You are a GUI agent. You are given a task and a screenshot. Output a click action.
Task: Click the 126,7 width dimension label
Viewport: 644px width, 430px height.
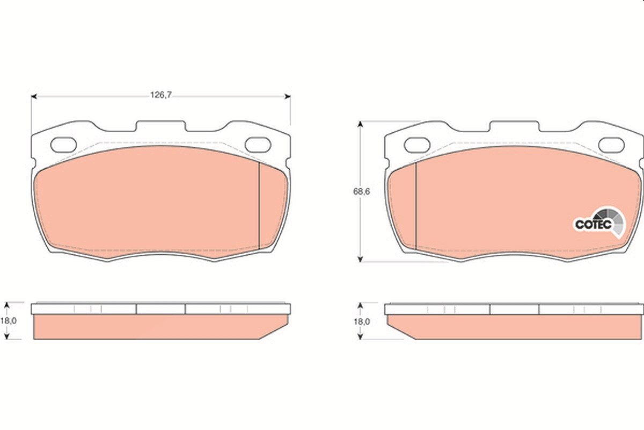coord(160,95)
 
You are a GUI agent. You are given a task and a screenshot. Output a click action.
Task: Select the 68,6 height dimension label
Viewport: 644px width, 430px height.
coord(361,191)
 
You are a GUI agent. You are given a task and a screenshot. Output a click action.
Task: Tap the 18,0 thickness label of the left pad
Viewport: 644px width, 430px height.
coord(9,320)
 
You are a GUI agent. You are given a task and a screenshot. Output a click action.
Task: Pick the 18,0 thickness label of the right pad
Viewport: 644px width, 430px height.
coord(362,321)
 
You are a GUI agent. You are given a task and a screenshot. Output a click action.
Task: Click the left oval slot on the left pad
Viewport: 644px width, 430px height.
coord(63,145)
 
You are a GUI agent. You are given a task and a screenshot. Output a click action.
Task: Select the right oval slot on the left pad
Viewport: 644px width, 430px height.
coord(258,145)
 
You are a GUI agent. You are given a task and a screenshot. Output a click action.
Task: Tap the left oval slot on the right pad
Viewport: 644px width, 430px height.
coord(417,145)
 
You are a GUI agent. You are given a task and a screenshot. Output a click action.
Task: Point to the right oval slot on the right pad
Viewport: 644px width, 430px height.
coord(611,145)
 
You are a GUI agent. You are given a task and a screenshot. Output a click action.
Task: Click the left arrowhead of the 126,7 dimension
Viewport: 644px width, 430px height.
coord(34,97)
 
